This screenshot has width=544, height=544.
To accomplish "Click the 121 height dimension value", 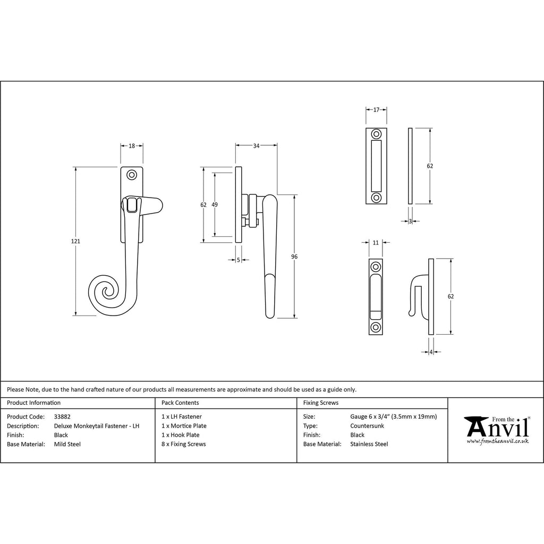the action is tap(75, 241).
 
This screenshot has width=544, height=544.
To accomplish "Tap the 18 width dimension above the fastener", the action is tap(132, 146).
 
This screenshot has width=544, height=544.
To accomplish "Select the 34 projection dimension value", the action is tap(256, 146).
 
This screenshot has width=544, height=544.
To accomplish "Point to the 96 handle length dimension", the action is tap(294, 257).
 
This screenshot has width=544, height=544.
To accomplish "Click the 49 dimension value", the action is tap(215, 205).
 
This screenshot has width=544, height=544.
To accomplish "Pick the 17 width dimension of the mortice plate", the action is tap(377, 110).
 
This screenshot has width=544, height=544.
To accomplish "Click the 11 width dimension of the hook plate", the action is tap(376, 243).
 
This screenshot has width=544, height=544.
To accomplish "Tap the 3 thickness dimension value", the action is tap(410, 222).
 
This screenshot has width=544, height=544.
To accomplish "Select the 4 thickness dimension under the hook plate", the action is tap(431, 352).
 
